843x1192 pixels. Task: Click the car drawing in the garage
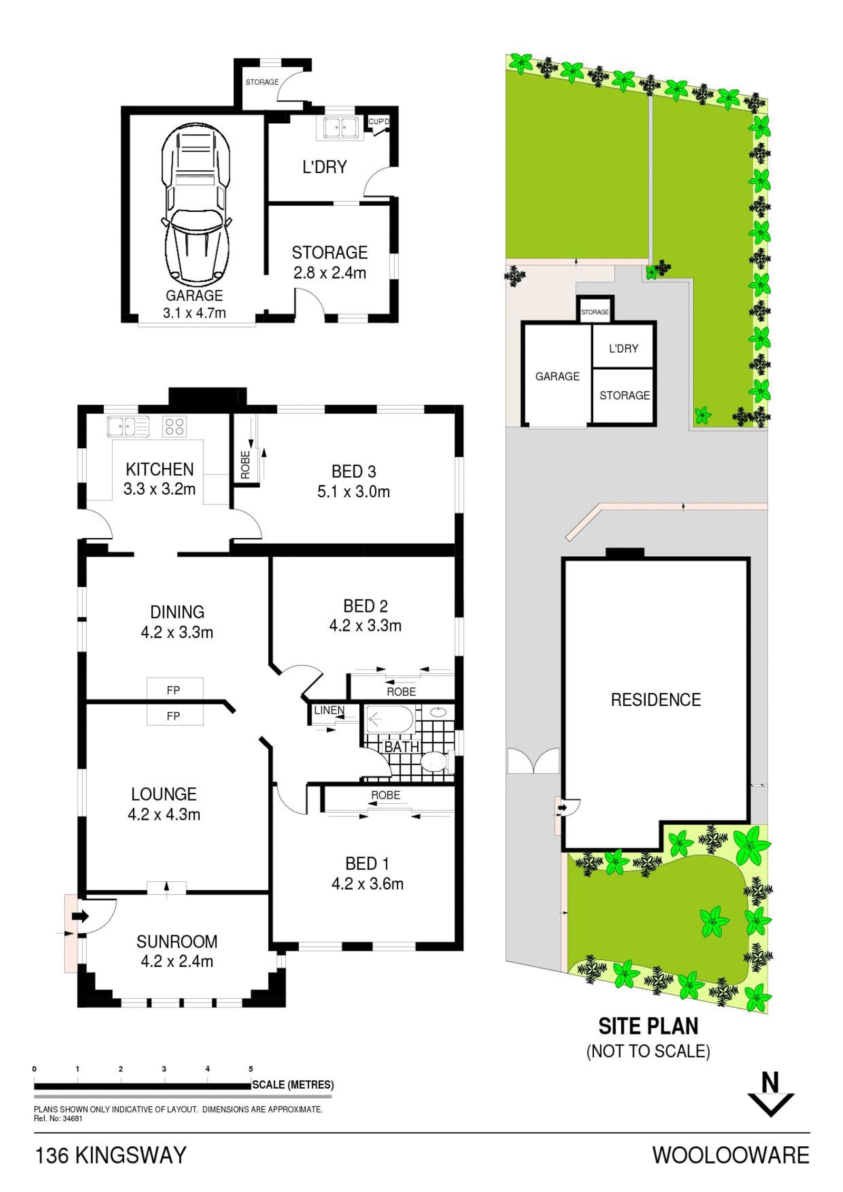click(x=196, y=205)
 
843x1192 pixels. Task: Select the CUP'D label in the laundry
click(x=378, y=122)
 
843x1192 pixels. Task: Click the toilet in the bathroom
click(x=437, y=761)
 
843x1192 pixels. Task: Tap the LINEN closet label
click(x=329, y=710)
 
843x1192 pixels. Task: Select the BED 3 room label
click(x=354, y=471)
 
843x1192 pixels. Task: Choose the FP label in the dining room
click(x=173, y=689)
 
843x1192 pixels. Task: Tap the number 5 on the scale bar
click(x=251, y=1069)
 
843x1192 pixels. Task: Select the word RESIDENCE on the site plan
click(x=656, y=700)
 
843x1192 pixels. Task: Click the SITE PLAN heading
click(x=649, y=1026)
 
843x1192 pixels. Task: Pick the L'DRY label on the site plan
click(x=623, y=348)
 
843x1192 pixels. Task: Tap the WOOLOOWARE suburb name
click(x=731, y=1155)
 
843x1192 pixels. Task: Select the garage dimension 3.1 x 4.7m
click(x=194, y=313)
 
